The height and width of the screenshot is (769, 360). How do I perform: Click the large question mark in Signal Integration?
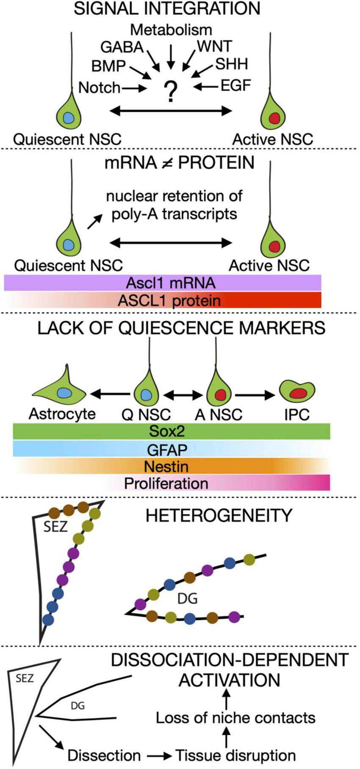(171, 92)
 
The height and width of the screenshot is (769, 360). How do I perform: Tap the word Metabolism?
(171, 30)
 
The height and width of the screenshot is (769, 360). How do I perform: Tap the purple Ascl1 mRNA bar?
(163, 283)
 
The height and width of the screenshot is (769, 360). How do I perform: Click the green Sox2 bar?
(171, 431)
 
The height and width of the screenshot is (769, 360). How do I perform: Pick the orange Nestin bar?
(171, 466)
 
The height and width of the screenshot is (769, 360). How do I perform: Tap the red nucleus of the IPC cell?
(298, 393)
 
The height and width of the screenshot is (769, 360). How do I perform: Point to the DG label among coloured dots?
(188, 599)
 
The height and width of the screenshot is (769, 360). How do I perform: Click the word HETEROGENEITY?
(219, 516)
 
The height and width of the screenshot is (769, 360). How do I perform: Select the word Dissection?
(104, 755)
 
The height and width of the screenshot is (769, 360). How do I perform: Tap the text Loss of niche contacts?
(235, 718)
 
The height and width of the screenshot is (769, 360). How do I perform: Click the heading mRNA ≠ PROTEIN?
(180, 163)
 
